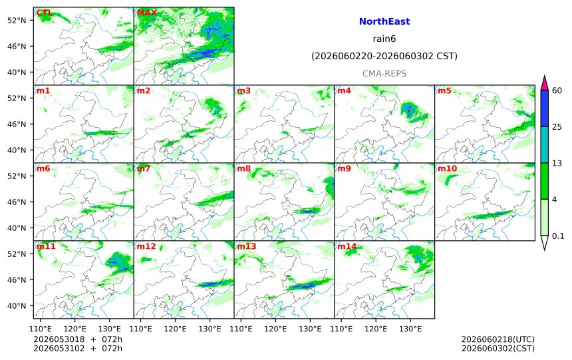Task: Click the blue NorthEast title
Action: [x=384, y=21]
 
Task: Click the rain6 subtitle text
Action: [x=384, y=39]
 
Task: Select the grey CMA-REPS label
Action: [x=384, y=73]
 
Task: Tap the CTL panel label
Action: [x=44, y=13]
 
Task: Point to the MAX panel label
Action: [x=146, y=13]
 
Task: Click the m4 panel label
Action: [x=344, y=90]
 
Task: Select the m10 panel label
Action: [x=447, y=168]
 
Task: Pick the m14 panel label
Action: [x=347, y=246]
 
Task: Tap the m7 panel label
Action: [x=144, y=168]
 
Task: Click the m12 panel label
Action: [x=146, y=246]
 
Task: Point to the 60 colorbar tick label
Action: [x=557, y=90]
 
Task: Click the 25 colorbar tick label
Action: [x=557, y=127]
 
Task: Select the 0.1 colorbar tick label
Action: [x=558, y=236]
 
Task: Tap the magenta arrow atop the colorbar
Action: [x=544, y=84]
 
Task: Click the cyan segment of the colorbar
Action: [x=544, y=144]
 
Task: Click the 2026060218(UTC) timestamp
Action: [x=498, y=339]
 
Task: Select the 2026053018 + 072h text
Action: [x=78, y=339]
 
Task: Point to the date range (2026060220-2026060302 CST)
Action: [x=384, y=56]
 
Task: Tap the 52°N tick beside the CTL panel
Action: [x=17, y=21]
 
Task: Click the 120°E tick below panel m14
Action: [x=376, y=329]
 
